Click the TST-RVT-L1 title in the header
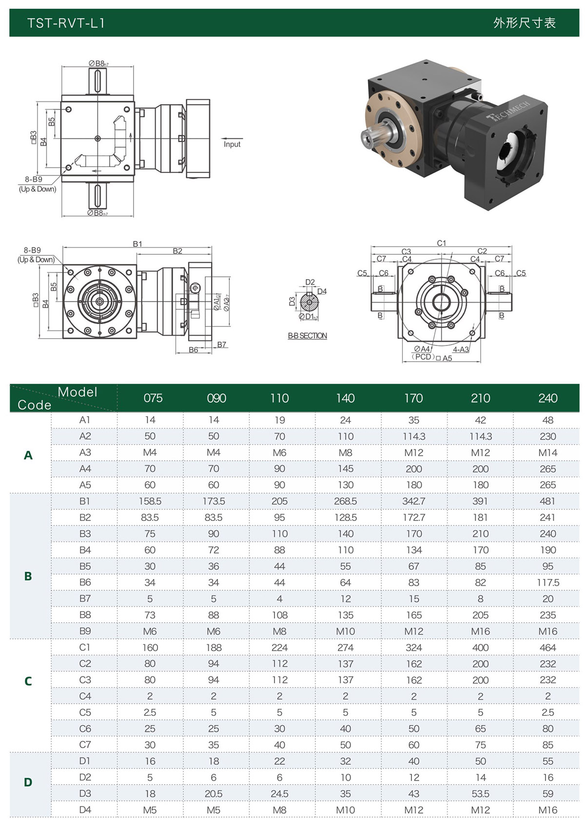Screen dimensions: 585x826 (x=66, y=23)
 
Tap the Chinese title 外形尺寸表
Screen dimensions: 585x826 (x=524, y=23)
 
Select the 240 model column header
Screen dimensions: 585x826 (x=547, y=398)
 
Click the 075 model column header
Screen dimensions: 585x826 (x=153, y=398)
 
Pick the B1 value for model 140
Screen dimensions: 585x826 (x=345, y=501)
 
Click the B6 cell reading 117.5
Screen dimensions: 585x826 (x=548, y=582)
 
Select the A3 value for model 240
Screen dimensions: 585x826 (x=547, y=452)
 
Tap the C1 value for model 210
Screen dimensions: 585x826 (x=480, y=647)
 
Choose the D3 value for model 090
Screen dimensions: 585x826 (x=214, y=793)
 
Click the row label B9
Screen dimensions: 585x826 (x=85, y=631)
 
